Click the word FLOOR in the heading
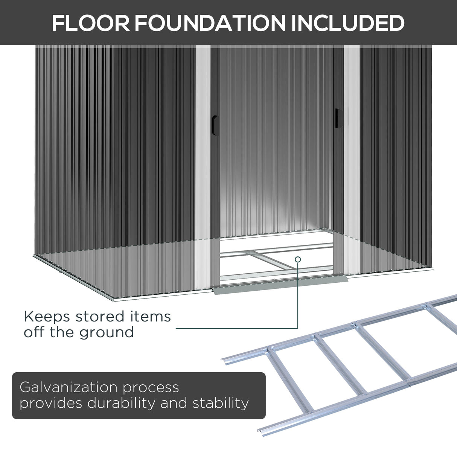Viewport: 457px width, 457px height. point(90,23)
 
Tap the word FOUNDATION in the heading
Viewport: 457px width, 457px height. point(210,23)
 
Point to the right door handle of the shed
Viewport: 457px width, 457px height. point(338,117)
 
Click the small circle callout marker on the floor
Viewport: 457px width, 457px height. point(298,259)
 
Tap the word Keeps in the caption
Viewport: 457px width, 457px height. point(47,317)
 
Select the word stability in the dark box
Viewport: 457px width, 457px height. point(221,403)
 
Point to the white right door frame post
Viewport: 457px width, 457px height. point(352,151)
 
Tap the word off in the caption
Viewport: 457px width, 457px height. point(33,333)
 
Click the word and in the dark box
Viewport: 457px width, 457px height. point(174,403)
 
